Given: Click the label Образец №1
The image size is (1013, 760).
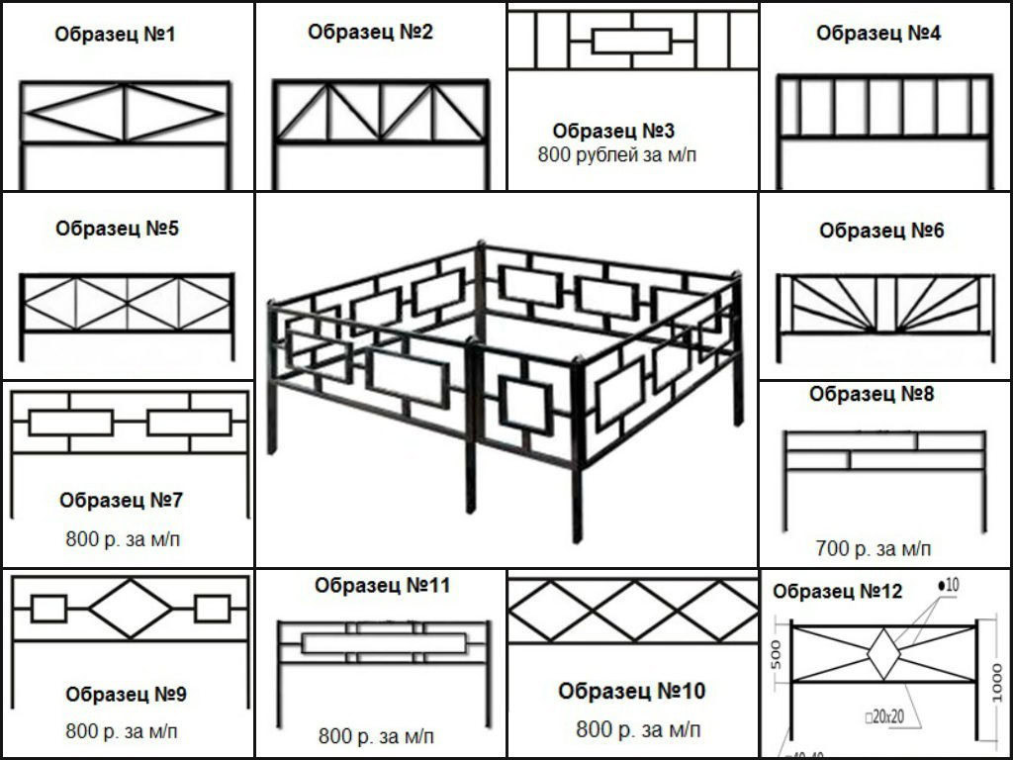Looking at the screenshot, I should (x=115, y=36).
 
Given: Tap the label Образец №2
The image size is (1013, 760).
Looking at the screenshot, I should (x=370, y=32).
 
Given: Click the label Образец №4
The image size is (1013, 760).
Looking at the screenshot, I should (x=878, y=33).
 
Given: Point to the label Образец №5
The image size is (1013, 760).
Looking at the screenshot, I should (x=118, y=229).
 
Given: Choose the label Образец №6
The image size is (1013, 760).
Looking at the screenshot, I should (x=881, y=231).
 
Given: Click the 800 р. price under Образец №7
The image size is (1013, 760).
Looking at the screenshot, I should (x=124, y=539).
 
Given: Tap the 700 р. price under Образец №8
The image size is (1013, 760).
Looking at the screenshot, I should (x=874, y=548).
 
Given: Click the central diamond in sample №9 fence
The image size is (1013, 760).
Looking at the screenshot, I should (x=131, y=609).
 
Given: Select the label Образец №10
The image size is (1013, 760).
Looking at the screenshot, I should (x=631, y=691).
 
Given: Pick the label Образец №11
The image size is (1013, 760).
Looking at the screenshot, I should (x=382, y=586).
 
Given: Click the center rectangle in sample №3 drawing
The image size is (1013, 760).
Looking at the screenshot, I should (x=632, y=41).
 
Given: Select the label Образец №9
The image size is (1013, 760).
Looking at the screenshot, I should (x=126, y=695).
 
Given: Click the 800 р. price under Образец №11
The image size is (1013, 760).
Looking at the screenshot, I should (x=376, y=736).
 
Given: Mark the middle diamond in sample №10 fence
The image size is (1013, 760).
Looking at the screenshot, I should (x=632, y=610).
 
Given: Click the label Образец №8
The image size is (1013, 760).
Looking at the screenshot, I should (x=872, y=394).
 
